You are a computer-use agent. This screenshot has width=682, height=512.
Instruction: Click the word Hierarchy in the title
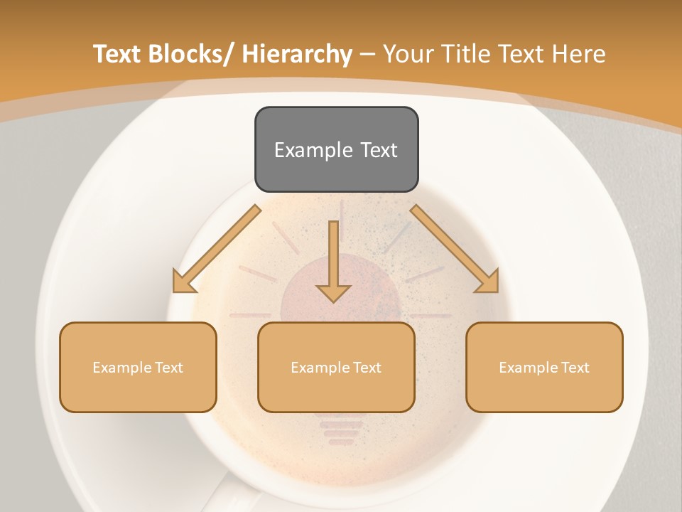click(x=297, y=54)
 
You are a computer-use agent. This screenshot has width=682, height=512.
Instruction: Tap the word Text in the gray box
click(x=378, y=150)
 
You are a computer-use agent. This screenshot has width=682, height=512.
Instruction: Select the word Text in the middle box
click(x=364, y=368)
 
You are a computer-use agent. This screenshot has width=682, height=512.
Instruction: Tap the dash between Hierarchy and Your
click(x=368, y=55)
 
